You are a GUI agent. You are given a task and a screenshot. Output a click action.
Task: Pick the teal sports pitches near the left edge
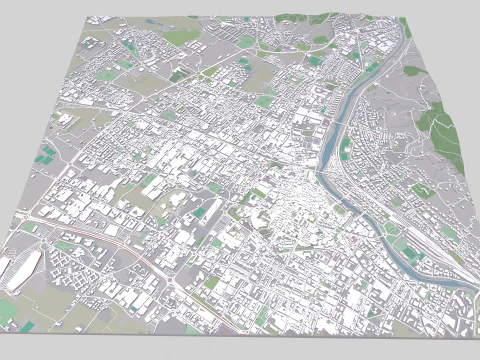coord(45,155)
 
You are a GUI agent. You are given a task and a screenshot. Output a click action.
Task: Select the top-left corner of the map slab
coord(89,18)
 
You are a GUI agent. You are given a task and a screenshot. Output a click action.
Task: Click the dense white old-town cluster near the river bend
coord(290,200)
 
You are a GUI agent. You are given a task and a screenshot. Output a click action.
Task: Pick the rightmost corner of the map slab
coord(478,296)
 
